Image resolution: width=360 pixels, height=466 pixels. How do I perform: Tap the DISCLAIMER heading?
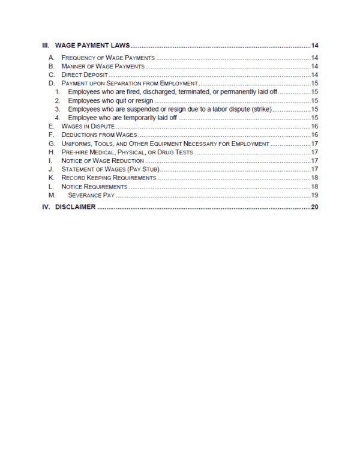[70, 207]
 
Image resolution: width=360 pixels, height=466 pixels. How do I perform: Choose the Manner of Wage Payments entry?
[103, 66]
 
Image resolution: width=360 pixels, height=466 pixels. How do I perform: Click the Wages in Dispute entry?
[88, 127]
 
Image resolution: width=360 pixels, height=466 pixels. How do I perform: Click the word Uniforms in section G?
[77, 144]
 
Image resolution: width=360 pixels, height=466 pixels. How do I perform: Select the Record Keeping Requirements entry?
[109, 178]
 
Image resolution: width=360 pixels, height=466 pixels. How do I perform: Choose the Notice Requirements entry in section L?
[94, 187]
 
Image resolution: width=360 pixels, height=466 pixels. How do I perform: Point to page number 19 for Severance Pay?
[314, 196]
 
